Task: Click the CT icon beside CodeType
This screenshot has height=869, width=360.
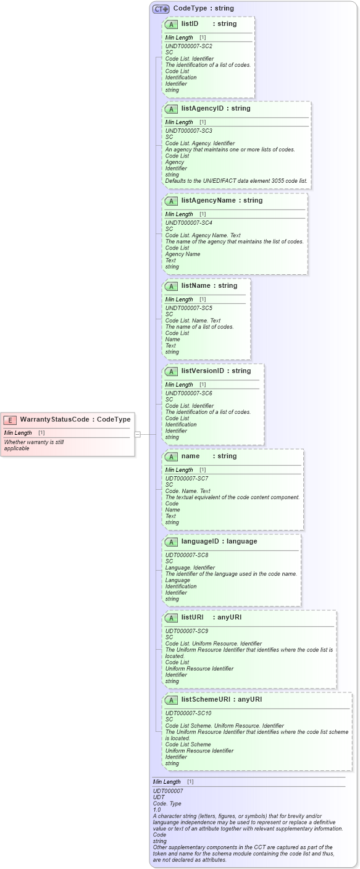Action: pyautogui.click(x=161, y=9)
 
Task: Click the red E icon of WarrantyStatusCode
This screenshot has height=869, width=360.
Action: pyautogui.click(x=10, y=420)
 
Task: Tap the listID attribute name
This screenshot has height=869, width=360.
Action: pyautogui.click(x=190, y=23)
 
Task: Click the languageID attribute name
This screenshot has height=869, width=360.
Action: pyautogui.click(x=201, y=541)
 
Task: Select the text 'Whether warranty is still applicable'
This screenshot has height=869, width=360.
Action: pyautogui.click(x=34, y=445)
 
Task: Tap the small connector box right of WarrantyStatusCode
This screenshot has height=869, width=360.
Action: pyautogui.click(x=138, y=434)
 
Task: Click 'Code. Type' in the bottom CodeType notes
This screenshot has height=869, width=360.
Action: pyautogui.click(x=167, y=804)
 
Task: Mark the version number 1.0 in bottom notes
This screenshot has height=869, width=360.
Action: pyautogui.click(x=157, y=810)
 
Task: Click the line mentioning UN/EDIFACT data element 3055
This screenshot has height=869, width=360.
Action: pyautogui.click(x=236, y=180)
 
